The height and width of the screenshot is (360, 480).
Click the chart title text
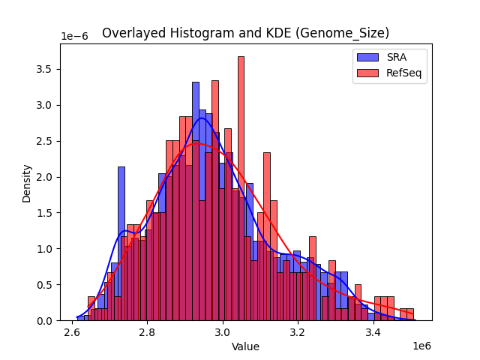(x=245, y=33)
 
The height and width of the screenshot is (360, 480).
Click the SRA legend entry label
(x=397, y=56)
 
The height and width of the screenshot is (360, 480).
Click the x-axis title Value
(x=245, y=346)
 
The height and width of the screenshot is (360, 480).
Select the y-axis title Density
(x=27, y=182)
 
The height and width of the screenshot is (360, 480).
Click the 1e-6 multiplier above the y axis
(x=75, y=37)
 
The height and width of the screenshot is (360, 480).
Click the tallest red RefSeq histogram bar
(x=241, y=187)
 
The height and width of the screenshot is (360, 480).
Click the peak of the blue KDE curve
(x=201, y=118)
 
